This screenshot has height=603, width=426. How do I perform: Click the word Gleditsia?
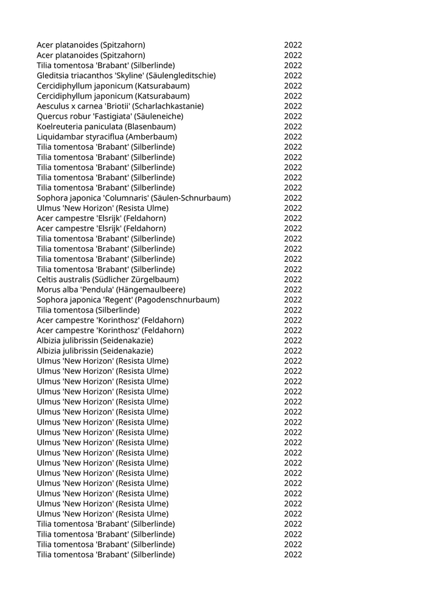click(52, 76)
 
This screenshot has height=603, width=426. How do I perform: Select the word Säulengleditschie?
click(180, 76)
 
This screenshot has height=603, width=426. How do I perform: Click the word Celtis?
click(47, 280)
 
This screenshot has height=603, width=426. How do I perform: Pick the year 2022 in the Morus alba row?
click(293, 289)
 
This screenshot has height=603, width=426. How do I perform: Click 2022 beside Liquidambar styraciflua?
click(293, 136)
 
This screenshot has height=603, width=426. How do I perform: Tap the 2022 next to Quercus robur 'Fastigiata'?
click(293, 116)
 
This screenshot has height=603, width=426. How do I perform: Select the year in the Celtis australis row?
click(293, 280)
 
